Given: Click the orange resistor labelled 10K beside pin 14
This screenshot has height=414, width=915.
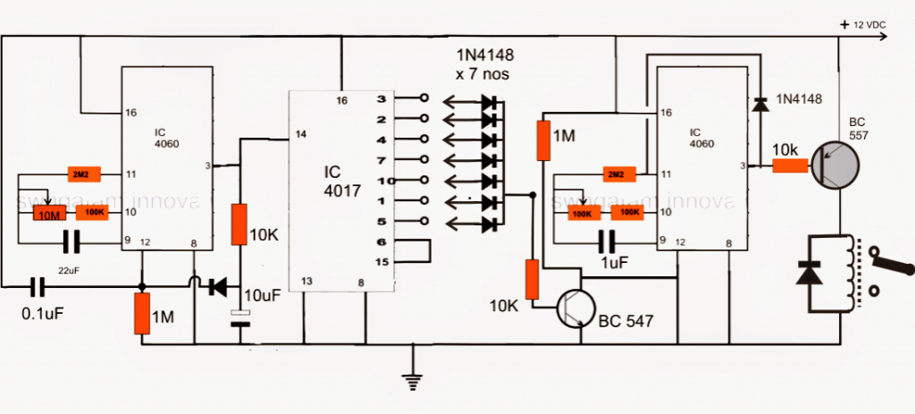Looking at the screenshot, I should (x=239, y=224).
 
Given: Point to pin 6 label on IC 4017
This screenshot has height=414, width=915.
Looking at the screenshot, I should (x=382, y=241).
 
